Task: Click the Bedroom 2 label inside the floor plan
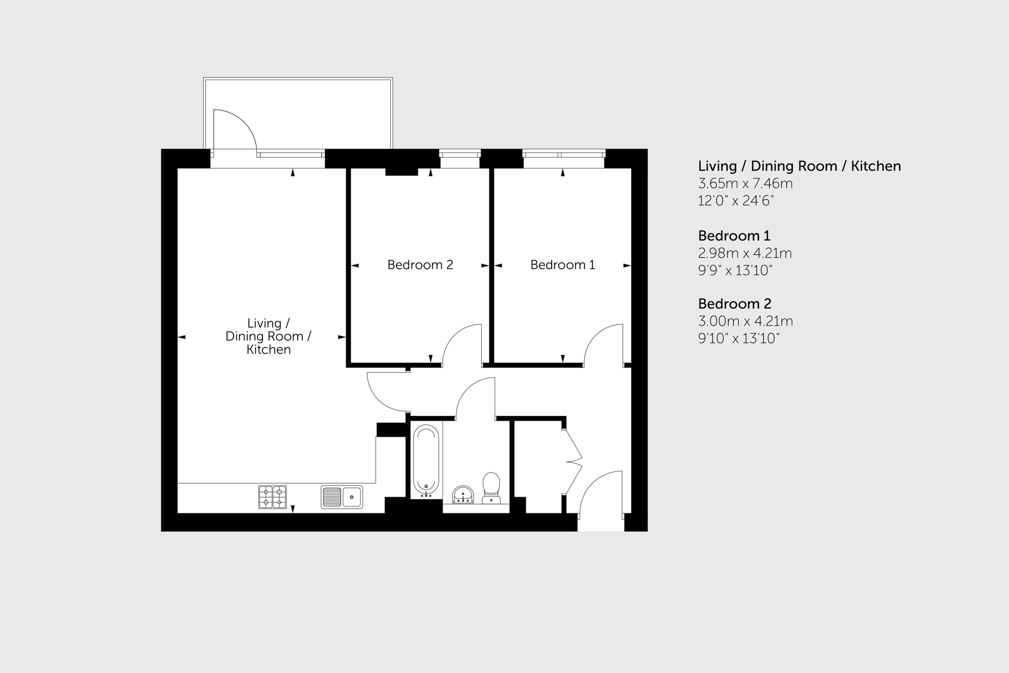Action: (x=420, y=265)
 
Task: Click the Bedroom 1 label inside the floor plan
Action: (x=562, y=265)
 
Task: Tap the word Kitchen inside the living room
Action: (x=268, y=350)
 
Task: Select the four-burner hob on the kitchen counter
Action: (x=272, y=497)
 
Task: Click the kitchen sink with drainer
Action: (x=341, y=497)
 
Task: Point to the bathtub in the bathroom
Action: (x=426, y=460)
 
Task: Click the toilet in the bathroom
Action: (x=491, y=488)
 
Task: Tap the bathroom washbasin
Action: (x=462, y=495)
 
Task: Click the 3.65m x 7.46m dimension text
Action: (x=745, y=184)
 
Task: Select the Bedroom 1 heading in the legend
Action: (x=734, y=236)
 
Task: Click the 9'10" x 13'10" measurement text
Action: (x=738, y=339)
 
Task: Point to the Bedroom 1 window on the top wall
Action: (x=563, y=154)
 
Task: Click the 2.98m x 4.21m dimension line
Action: (x=745, y=253)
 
